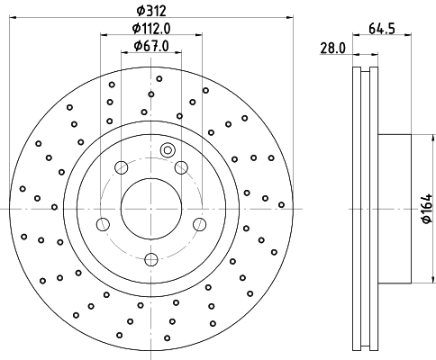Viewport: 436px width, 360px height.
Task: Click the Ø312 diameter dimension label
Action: (x=151, y=11)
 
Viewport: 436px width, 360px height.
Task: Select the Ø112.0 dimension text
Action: (x=151, y=29)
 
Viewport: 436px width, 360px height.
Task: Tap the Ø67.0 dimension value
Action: (x=151, y=46)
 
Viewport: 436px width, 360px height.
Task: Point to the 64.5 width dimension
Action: (x=381, y=29)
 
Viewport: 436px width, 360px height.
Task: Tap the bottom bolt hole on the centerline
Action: (x=151, y=259)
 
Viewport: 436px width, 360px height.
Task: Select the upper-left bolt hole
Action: (x=122, y=167)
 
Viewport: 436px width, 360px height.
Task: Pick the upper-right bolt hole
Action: (x=181, y=167)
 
